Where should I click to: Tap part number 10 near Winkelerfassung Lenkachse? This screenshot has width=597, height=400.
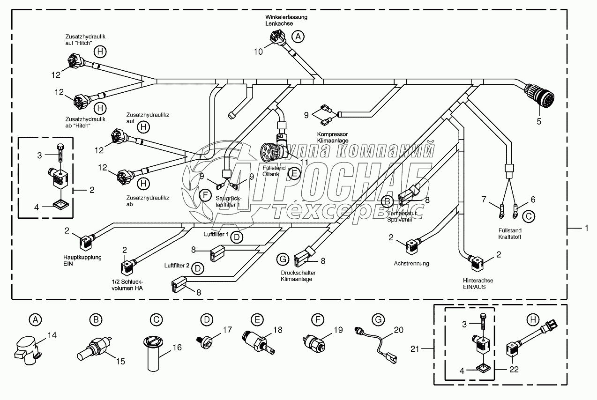point(259,52)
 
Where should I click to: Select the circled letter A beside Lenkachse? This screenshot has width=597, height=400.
point(298,36)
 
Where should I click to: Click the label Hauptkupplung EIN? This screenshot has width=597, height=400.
point(82,260)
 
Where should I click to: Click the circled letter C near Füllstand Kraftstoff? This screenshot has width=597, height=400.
point(528,216)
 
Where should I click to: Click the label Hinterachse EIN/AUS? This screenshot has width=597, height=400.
point(478,283)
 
